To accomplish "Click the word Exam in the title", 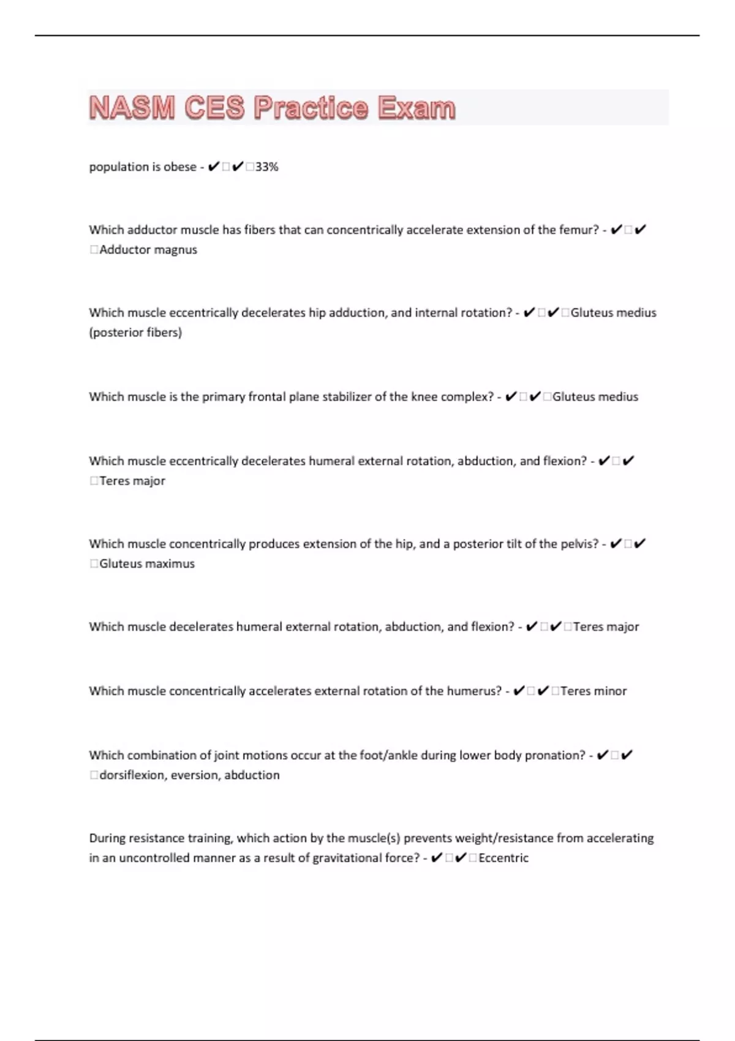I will point(417,108).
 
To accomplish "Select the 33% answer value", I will point(266,167).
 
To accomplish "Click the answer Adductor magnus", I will point(148,250).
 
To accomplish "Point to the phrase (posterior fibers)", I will point(135,333).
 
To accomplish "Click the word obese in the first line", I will point(179,167).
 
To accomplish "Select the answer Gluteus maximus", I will point(147,564).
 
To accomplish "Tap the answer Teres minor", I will point(594,691).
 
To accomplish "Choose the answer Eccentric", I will point(503,858).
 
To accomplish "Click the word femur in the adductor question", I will point(576,230).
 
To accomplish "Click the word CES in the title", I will point(214,108).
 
